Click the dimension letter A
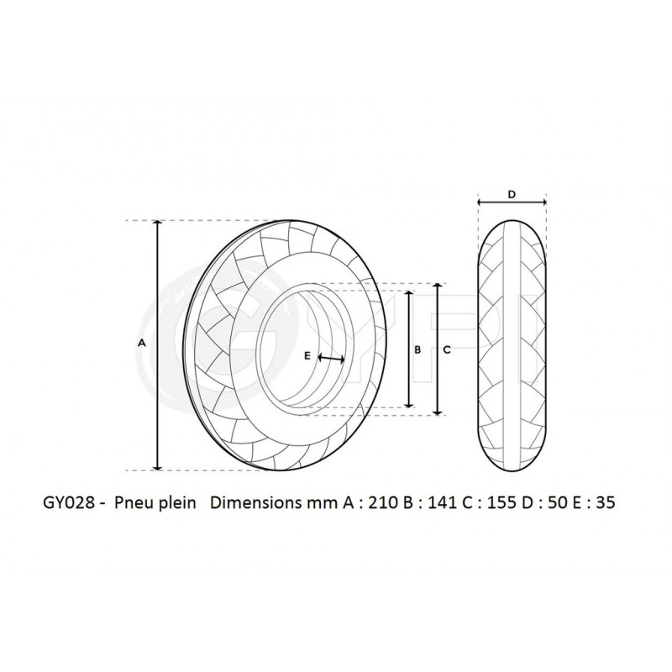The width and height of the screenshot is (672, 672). click(x=142, y=344)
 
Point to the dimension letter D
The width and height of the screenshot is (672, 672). click(x=512, y=194)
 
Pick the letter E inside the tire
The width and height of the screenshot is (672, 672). click(x=307, y=356)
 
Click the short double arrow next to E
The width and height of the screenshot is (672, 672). click(x=332, y=359)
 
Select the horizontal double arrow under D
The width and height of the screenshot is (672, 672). click(x=512, y=202)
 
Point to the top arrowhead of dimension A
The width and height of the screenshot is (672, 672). click(x=158, y=223)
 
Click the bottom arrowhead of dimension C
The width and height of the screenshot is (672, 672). click(x=438, y=412)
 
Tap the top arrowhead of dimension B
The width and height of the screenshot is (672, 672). click(x=409, y=294)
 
